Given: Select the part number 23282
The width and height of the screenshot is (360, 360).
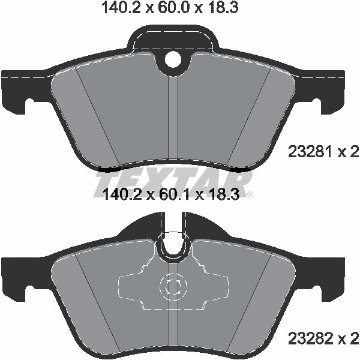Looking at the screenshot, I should click(x=310, y=340).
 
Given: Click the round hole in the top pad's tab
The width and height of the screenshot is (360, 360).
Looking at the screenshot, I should click(x=173, y=60).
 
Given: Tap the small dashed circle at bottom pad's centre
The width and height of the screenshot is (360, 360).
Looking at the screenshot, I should click(x=173, y=287).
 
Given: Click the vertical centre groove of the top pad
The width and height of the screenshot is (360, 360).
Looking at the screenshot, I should click(x=173, y=120).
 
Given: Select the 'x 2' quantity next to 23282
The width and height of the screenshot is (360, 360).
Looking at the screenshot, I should click(x=348, y=340).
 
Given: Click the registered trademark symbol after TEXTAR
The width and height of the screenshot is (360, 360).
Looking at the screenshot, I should click(x=250, y=194).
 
